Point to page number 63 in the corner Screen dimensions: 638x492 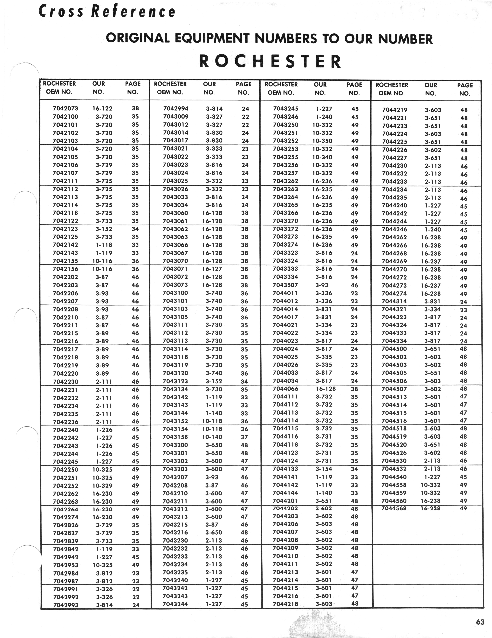pos(480,622)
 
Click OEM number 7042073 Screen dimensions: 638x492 pos(65,108)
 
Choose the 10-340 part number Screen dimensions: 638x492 pos(322,157)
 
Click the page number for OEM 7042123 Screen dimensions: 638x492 pos(135,229)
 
